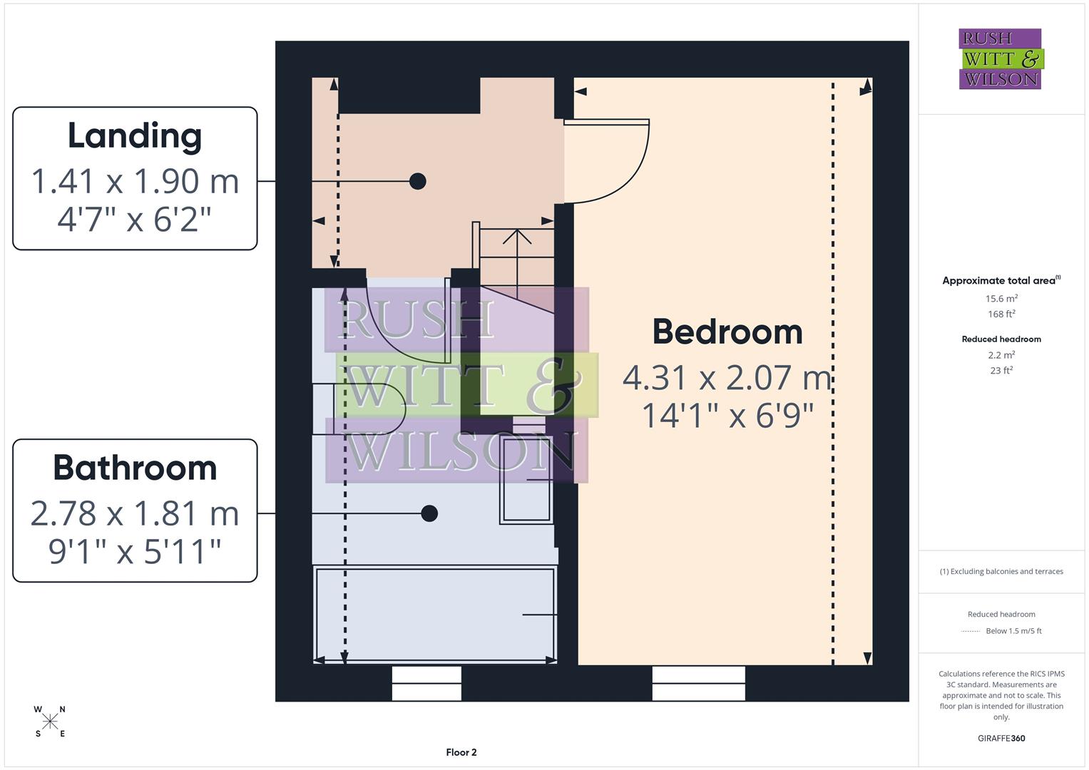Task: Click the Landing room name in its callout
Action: [x=135, y=135]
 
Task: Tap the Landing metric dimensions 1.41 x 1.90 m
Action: [x=135, y=181]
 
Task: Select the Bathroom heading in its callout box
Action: [x=135, y=468]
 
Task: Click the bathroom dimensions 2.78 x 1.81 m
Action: [x=135, y=513]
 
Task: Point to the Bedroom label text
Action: [x=727, y=332]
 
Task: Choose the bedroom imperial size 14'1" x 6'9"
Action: [x=727, y=416]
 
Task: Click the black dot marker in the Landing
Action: [x=418, y=181]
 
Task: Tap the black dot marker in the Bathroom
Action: [x=429, y=513]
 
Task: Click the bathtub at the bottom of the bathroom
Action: [x=434, y=615]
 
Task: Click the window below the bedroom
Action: [x=698, y=683]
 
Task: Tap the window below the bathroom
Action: [x=426, y=683]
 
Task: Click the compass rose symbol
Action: [x=50, y=722]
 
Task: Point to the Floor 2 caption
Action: [x=461, y=752]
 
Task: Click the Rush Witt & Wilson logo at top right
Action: [x=1001, y=59]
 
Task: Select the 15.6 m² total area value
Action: [x=1001, y=299]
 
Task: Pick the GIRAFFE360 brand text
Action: [x=1001, y=739]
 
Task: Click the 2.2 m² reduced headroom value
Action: [x=1001, y=355]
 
